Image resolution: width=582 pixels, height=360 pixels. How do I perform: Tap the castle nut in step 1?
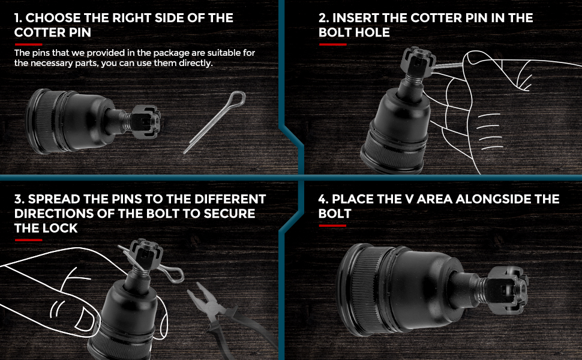(x=144, y=119)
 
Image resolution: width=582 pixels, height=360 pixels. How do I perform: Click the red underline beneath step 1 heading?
(x=28, y=44)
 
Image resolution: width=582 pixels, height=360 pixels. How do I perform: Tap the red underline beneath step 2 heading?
(x=332, y=44)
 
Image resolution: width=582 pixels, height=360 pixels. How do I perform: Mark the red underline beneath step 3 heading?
(x=28, y=240)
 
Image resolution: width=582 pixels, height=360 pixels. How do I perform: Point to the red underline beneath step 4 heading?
(x=332, y=226)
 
